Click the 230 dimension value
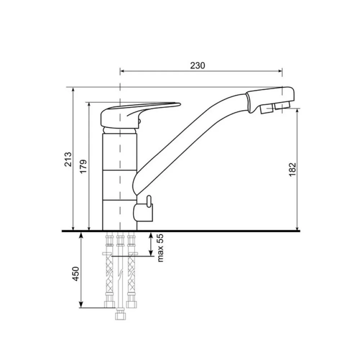pyautogui.click(x=197, y=66)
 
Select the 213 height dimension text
pyautogui.click(x=68, y=159)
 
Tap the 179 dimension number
pyautogui.click(x=84, y=166)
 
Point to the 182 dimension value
pyautogui.click(x=292, y=170)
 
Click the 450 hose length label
pyautogui.click(x=76, y=274)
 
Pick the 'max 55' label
pyautogui.click(x=161, y=248)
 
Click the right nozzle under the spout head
pyautogui.click(x=282, y=105)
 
